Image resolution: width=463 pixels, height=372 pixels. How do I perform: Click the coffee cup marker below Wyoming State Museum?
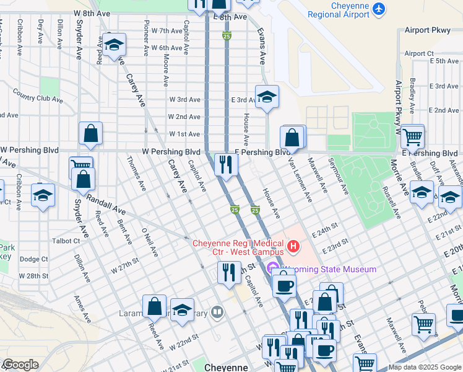(284, 285)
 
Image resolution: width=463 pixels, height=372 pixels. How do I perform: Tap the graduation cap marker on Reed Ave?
(114, 45)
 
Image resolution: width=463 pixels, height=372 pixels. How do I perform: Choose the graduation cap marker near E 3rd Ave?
(267, 97)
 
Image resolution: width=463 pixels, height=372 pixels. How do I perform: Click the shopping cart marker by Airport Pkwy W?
(412, 136)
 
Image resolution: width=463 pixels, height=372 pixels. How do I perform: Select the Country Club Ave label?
(37, 97)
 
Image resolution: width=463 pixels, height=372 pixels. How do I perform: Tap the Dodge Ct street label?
(33, 259)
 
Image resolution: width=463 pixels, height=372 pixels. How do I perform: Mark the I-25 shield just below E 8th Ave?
(227, 37)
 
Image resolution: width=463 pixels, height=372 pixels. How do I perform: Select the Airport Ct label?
(419, 53)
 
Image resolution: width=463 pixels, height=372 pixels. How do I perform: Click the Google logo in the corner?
(20, 365)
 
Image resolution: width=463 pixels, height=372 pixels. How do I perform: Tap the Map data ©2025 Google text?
(424, 367)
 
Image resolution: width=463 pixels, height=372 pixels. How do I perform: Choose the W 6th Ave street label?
(167, 48)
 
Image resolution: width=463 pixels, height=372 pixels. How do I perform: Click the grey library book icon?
(217, 312)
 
